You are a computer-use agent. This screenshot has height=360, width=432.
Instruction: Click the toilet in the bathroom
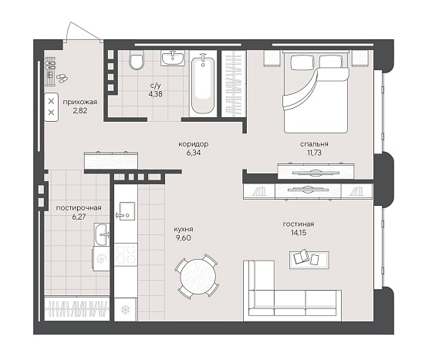point(137,59)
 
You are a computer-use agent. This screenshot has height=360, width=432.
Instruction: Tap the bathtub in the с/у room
point(203,85)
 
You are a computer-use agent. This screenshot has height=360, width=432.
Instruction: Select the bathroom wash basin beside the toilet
point(173,58)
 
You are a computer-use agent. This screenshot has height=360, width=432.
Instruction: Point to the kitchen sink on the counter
point(127,211)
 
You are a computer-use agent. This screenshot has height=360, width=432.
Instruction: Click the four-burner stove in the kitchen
point(126,254)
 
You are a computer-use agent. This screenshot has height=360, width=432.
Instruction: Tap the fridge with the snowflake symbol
point(126,310)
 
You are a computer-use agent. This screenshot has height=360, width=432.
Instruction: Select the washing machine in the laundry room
point(101,259)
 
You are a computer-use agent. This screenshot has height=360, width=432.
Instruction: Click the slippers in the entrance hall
point(62,78)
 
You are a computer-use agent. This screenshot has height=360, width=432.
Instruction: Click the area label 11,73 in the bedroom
point(314,153)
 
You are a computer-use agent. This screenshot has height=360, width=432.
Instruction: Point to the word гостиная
point(299,224)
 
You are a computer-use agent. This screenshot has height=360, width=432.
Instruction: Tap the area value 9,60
point(184,237)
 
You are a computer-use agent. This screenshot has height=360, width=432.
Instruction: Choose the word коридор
point(194,144)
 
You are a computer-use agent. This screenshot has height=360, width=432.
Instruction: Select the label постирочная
point(79,208)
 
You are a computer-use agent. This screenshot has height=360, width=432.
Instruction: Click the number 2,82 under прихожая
point(80,111)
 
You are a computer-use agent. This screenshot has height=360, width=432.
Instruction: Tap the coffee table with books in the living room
point(309,260)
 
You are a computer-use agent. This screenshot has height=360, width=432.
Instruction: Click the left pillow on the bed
point(302,62)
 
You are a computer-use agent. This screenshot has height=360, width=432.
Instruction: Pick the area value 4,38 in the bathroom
point(155,94)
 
